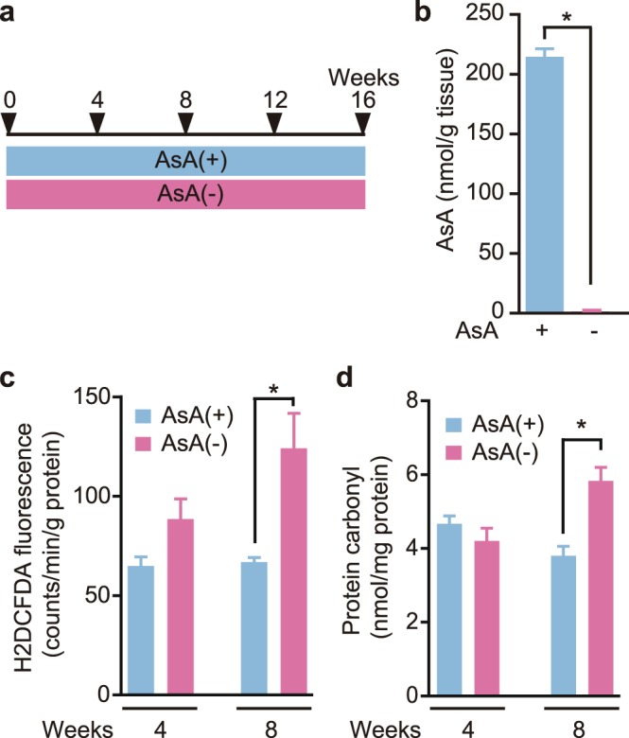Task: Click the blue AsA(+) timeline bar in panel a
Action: click(x=185, y=160)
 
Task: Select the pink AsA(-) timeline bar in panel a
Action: click(x=185, y=194)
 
